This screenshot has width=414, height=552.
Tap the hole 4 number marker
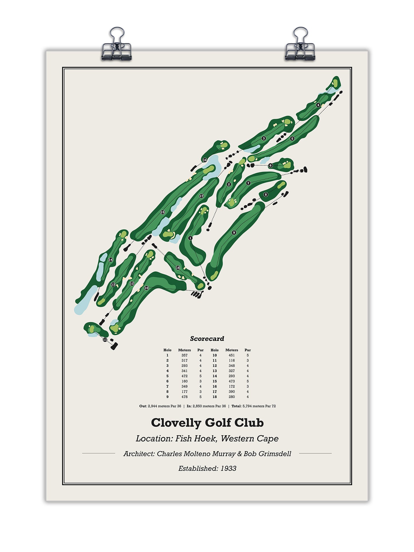point(318,105)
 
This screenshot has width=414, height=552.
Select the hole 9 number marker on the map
point(234,233)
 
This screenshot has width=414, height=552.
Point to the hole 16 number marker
point(205,160)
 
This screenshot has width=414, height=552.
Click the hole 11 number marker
point(105,340)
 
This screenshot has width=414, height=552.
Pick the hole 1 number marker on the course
point(190,238)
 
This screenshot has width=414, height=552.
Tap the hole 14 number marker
point(111,260)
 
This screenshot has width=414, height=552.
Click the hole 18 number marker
point(178,268)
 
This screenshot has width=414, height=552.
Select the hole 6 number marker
point(270,166)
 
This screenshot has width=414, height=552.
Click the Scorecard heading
point(207,339)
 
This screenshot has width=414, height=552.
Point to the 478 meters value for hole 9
point(185,397)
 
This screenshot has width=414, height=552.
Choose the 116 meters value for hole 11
point(232,361)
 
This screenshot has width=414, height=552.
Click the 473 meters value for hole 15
point(232,381)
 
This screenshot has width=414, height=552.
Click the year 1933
point(228,469)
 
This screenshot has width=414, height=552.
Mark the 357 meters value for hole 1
point(185,355)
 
